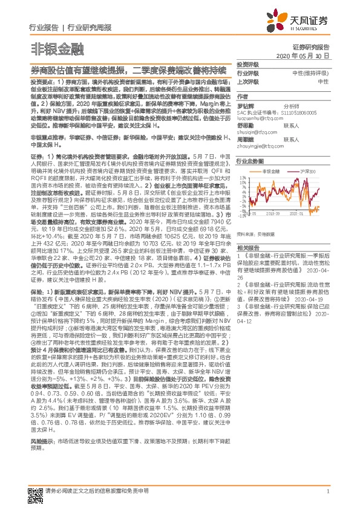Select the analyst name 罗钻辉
(244, 105)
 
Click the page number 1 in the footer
(327, 491)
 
